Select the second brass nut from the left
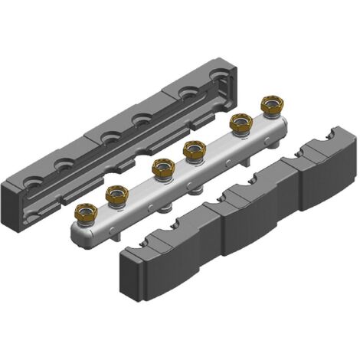point(116,194)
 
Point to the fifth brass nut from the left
point(241,123)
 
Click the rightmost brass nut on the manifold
point(271,104)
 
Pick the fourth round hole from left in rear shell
point(140,119)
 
